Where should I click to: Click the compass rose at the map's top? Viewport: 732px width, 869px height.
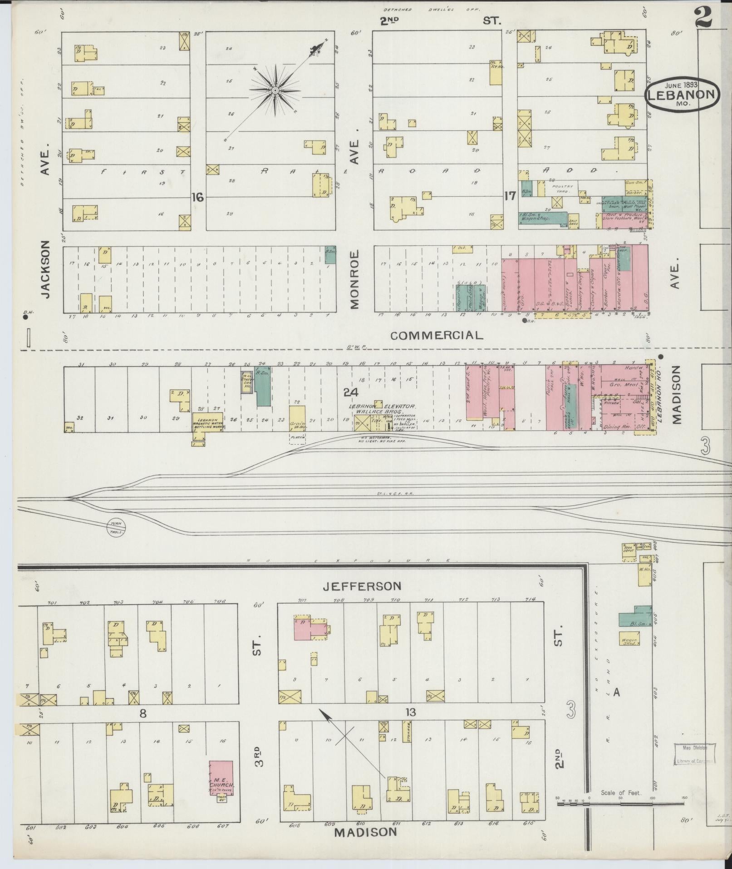coord(275,91)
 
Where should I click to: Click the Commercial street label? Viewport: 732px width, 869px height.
coord(436,335)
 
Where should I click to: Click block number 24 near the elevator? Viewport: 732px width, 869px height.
coord(351,392)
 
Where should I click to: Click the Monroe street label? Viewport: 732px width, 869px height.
coord(354,279)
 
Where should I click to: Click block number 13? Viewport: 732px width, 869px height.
coord(410,712)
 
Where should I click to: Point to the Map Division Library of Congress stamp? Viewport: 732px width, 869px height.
coord(693,754)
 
